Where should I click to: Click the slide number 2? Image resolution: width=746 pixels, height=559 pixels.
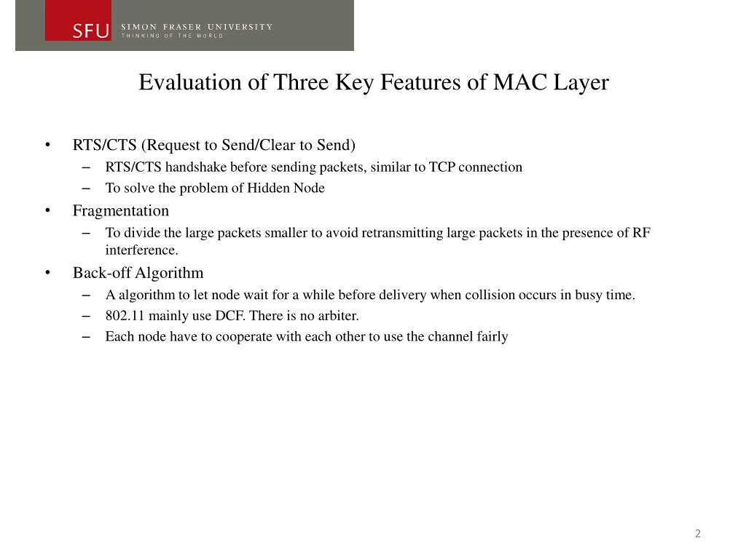[698, 534]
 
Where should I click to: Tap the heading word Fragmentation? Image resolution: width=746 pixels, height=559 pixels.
[121, 211]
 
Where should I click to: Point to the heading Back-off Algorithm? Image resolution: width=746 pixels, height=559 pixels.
[138, 273]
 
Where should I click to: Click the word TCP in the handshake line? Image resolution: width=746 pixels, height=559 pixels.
[441, 167]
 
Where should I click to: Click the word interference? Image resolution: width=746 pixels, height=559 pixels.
[141, 250]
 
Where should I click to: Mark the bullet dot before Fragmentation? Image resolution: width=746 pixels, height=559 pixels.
[47, 211]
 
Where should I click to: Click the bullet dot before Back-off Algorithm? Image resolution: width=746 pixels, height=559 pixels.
[47, 273]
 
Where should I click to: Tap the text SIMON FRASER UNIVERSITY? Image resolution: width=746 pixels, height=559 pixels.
[197, 27]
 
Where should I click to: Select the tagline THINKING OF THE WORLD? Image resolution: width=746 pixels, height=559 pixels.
[172, 36]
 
